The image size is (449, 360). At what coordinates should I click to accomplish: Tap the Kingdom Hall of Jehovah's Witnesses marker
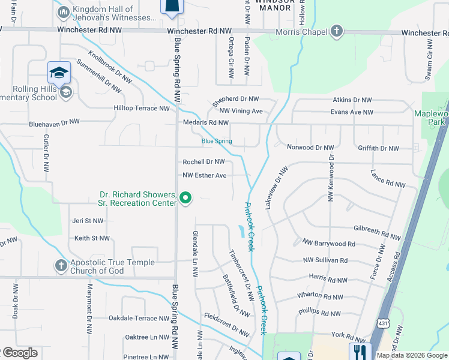click(x=63, y=12)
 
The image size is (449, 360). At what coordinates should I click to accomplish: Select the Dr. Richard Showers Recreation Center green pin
click(x=186, y=197)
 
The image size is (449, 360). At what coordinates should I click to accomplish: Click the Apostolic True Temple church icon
click(x=61, y=265)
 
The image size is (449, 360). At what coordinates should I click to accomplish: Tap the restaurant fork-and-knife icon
click(x=360, y=351)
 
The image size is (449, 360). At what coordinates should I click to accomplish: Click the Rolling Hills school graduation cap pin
click(x=59, y=73)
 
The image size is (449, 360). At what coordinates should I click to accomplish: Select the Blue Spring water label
click(x=216, y=142)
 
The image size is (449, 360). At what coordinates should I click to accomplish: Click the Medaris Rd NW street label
click(x=206, y=123)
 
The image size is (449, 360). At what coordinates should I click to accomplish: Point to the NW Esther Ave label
click(x=204, y=175)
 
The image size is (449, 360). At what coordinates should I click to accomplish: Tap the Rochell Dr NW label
click(x=203, y=162)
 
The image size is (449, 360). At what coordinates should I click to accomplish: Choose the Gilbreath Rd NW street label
click(x=377, y=229)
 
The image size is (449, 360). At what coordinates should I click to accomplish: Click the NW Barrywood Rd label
click(x=329, y=244)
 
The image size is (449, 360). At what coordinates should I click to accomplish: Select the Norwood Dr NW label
click(x=310, y=148)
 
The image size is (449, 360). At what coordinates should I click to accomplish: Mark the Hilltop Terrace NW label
click(x=142, y=109)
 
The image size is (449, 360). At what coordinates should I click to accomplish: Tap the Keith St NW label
click(x=92, y=238)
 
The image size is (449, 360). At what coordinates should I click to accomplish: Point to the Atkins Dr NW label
click(x=352, y=100)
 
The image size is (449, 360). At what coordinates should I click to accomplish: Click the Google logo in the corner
click(x=19, y=353)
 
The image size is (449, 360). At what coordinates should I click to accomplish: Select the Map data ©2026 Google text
click(x=412, y=355)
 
